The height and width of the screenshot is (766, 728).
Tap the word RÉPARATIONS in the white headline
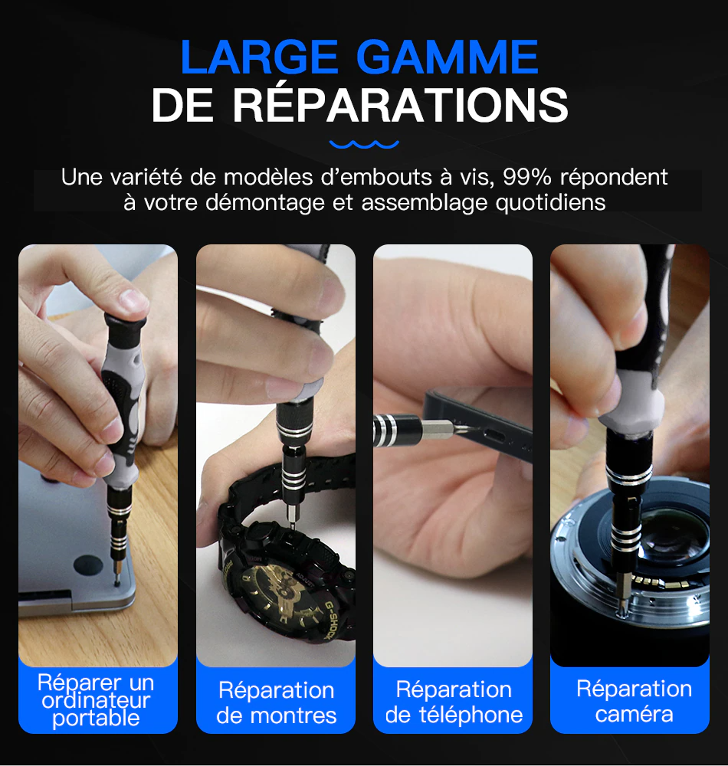pyautogui.click(x=401, y=106)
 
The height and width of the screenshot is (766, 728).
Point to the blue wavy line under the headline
pyautogui.click(x=364, y=143)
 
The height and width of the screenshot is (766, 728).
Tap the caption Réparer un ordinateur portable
pyautogui.click(x=97, y=700)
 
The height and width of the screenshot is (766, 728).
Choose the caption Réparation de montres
pyautogui.click(x=276, y=702)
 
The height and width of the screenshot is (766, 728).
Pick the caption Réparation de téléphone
pyautogui.click(x=454, y=702)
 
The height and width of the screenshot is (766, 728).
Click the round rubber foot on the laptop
pyautogui.click(x=87, y=565)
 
